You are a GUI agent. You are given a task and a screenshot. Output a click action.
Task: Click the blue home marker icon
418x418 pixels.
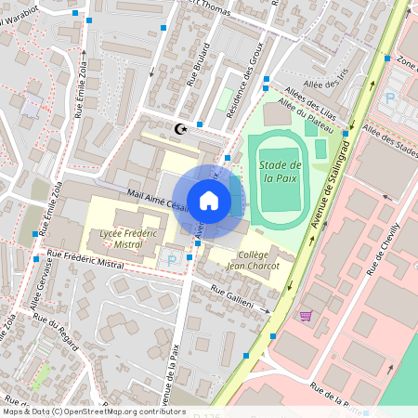click(209, 200)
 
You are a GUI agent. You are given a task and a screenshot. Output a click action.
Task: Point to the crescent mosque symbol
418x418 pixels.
click(180, 129)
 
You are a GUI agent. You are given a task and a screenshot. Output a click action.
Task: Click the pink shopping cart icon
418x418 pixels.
click(305, 316)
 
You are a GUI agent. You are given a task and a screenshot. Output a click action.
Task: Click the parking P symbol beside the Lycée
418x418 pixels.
click(170, 262)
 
